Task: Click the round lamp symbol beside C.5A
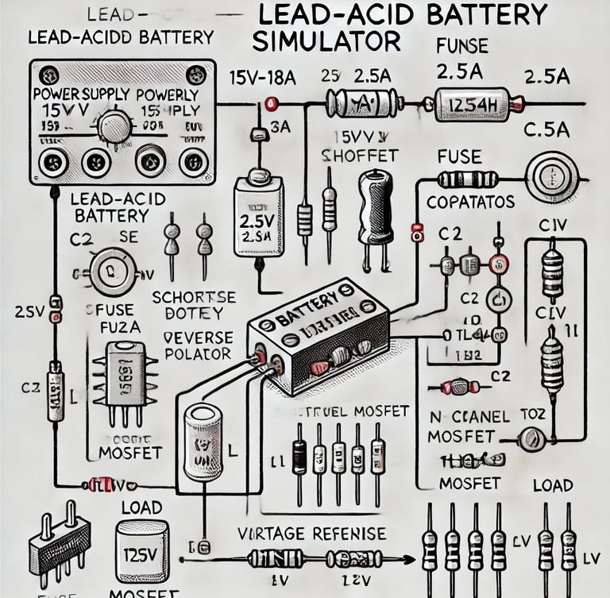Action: (x=551, y=176)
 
